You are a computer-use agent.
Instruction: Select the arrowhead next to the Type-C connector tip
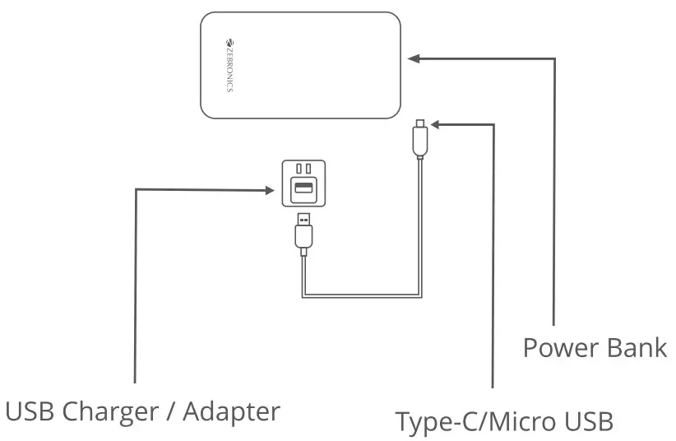click(x=435, y=125)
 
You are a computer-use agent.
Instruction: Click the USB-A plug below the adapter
click(x=303, y=235)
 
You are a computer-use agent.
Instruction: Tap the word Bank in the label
click(x=637, y=347)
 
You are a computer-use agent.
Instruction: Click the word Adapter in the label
click(x=233, y=411)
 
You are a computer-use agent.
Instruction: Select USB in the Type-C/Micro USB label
click(x=588, y=422)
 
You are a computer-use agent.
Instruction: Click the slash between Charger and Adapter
click(x=174, y=411)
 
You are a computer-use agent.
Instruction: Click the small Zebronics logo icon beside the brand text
click(x=229, y=41)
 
